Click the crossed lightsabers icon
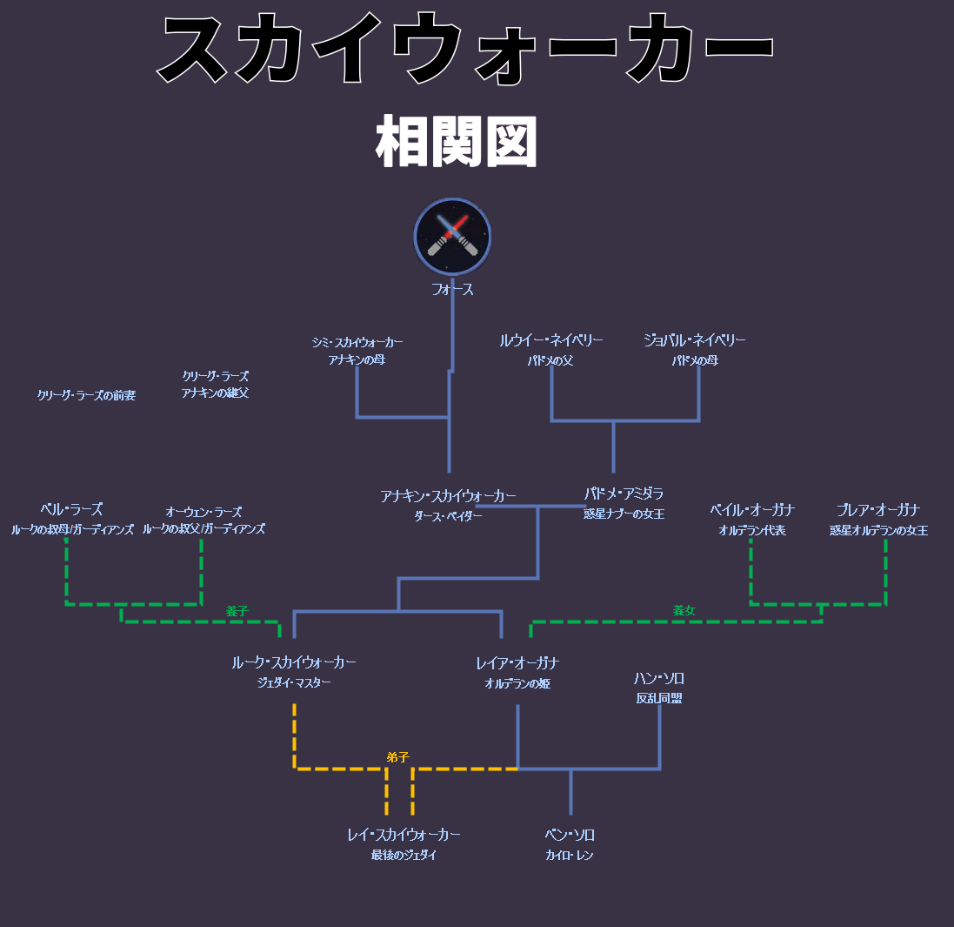click(x=452, y=237)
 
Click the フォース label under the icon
click(x=452, y=290)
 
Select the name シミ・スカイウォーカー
click(x=357, y=342)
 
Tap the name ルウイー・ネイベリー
click(x=550, y=340)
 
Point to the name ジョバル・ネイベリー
click(x=694, y=340)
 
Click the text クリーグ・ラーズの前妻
click(x=86, y=395)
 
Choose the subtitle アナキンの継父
click(x=215, y=393)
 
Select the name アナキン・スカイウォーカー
click(x=448, y=496)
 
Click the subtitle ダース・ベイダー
click(x=448, y=516)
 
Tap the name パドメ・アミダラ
click(x=624, y=494)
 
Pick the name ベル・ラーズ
click(x=71, y=510)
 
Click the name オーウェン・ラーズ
click(x=203, y=512)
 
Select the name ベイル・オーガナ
click(x=751, y=510)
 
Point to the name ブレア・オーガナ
click(x=878, y=510)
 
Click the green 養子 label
click(x=237, y=611)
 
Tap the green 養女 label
click(x=684, y=611)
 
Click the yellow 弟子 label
click(x=397, y=757)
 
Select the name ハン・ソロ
click(x=658, y=678)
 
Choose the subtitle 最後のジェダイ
click(x=404, y=856)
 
